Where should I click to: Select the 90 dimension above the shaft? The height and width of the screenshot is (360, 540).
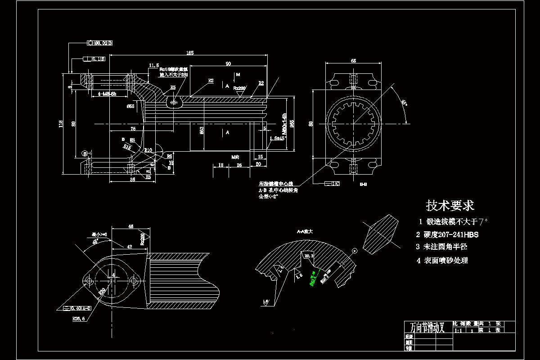point(228,63)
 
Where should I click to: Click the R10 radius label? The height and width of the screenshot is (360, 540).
point(148,150)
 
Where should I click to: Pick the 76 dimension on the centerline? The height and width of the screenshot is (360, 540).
point(133,129)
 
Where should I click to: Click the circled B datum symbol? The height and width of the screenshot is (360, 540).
point(85,153)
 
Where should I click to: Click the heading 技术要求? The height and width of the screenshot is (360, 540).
point(450,206)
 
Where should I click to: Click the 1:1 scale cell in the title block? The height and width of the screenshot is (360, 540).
point(459,330)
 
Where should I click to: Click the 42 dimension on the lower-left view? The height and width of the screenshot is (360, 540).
point(129,247)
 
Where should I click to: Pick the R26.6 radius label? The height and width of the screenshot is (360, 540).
point(79,318)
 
